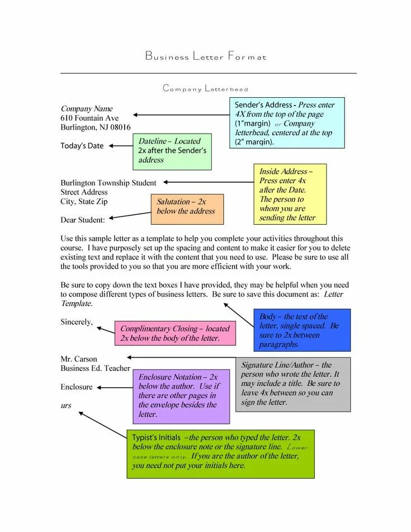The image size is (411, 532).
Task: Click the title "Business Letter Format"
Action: (206, 56)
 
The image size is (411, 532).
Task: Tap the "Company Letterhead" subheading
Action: (205, 88)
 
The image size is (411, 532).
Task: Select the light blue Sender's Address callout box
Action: (286, 123)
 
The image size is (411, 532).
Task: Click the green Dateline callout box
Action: (172, 151)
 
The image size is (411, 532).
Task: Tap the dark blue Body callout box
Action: (301, 330)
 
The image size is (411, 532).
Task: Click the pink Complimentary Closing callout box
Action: (175, 334)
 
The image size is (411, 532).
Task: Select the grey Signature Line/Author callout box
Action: (292, 384)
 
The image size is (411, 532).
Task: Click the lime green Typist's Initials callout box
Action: (220, 453)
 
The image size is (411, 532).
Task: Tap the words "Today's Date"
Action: (82, 146)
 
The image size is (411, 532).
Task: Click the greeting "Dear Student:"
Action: (83, 220)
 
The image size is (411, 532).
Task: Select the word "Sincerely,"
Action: (77, 322)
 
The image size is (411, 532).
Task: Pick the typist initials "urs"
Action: (66, 406)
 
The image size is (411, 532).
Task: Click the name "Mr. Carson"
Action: (79, 359)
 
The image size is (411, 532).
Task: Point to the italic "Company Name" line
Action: (87, 109)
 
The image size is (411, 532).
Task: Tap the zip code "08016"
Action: (120, 127)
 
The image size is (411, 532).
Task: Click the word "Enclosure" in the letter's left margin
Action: (77, 387)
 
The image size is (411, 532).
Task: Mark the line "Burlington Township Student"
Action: (108, 183)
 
